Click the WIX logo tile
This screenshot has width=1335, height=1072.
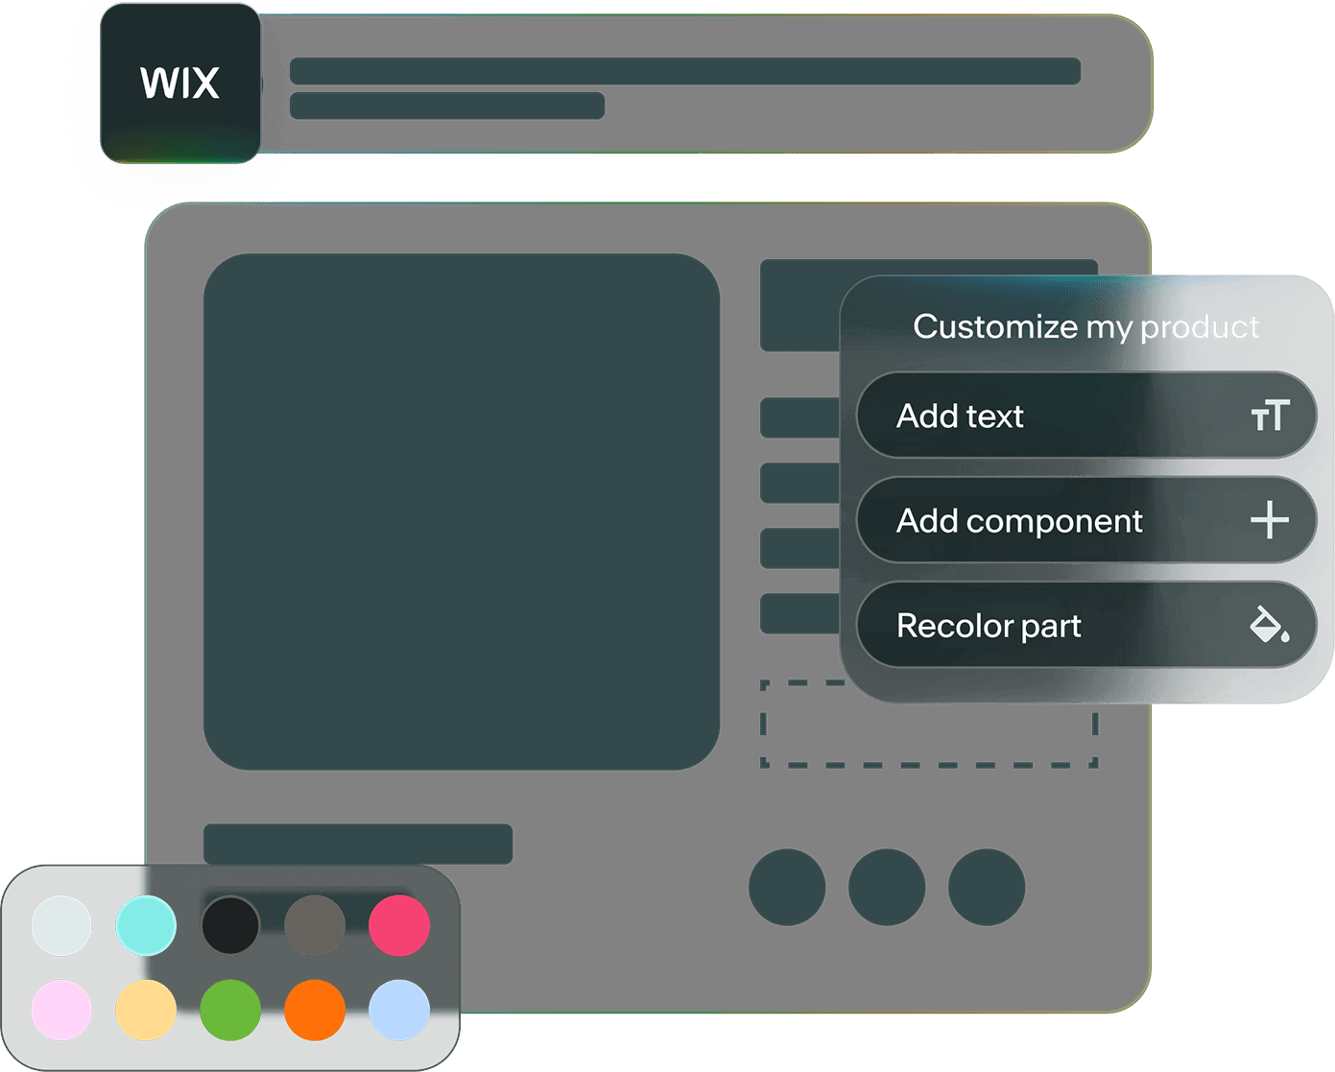click(179, 83)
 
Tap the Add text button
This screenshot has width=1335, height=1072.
click(1085, 416)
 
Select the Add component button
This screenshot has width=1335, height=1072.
click(1085, 520)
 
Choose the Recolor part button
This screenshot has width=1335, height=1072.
click(1085, 625)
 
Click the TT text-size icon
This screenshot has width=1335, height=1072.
click(1270, 416)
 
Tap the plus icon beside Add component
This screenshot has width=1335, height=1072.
click(1270, 520)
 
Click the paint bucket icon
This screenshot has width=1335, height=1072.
click(1269, 625)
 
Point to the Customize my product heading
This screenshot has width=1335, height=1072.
click(1085, 326)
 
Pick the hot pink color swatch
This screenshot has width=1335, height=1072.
click(399, 925)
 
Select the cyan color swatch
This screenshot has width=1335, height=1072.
click(146, 925)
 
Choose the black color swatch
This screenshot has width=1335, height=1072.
click(230, 925)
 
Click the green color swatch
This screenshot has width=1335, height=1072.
click(230, 1010)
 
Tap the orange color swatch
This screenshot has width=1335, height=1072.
click(315, 1010)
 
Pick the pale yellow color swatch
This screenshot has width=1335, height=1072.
click(146, 1010)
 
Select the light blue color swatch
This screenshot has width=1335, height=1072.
click(399, 1010)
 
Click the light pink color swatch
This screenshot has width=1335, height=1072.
click(61, 1010)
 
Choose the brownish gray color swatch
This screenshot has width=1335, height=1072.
click(315, 925)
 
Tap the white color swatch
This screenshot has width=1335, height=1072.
click(61, 925)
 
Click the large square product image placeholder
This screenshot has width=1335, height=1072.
click(462, 512)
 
